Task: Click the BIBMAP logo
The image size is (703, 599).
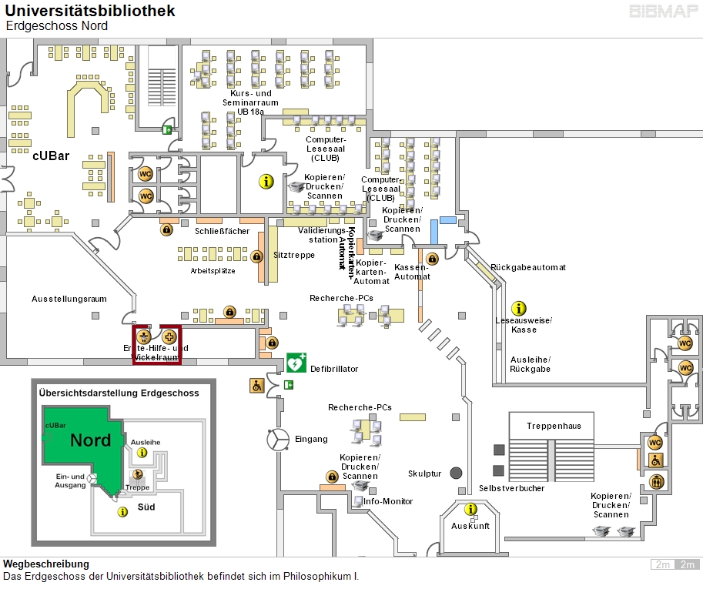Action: (x=664, y=12)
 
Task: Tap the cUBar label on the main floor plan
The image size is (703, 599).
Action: (x=51, y=156)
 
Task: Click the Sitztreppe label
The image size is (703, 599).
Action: (x=294, y=255)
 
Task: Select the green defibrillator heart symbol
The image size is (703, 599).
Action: (x=296, y=362)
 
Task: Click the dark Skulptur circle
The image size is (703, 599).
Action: (x=456, y=473)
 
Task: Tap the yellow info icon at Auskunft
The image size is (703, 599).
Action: (x=470, y=509)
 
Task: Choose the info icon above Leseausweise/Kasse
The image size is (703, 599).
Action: (x=519, y=308)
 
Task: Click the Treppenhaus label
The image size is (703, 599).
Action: (x=554, y=426)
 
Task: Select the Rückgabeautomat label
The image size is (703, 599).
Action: (x=527, y=267)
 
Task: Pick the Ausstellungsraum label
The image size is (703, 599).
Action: (x=69, y=299)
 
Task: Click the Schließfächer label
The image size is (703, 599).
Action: (x=222, y=230)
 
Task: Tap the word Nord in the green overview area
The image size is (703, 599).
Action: (x=91, y=440)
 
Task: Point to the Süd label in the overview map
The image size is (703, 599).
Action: (x=146, y=507)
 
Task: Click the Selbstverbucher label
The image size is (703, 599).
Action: (x=511, y=488)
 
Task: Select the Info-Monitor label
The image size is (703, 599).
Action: (x=388, y=501)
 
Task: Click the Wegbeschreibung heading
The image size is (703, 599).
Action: (x=46, y=564)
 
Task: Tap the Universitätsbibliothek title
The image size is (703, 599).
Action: (x=90, y=11)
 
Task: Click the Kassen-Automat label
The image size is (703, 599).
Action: (x=412, y=272)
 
